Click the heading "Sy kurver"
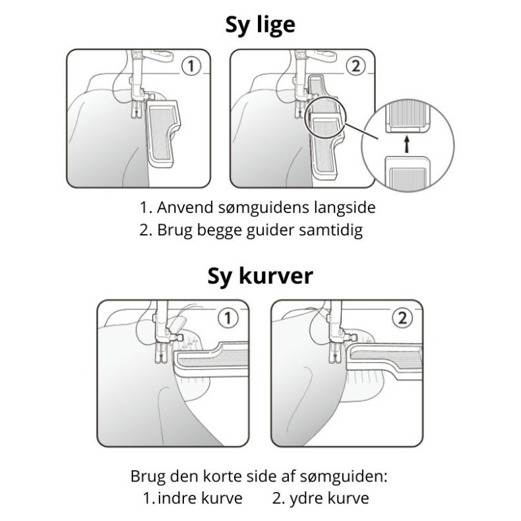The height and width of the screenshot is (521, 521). [x=260, y=276]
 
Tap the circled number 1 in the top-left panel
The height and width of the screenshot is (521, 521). [x=190, y=66]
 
